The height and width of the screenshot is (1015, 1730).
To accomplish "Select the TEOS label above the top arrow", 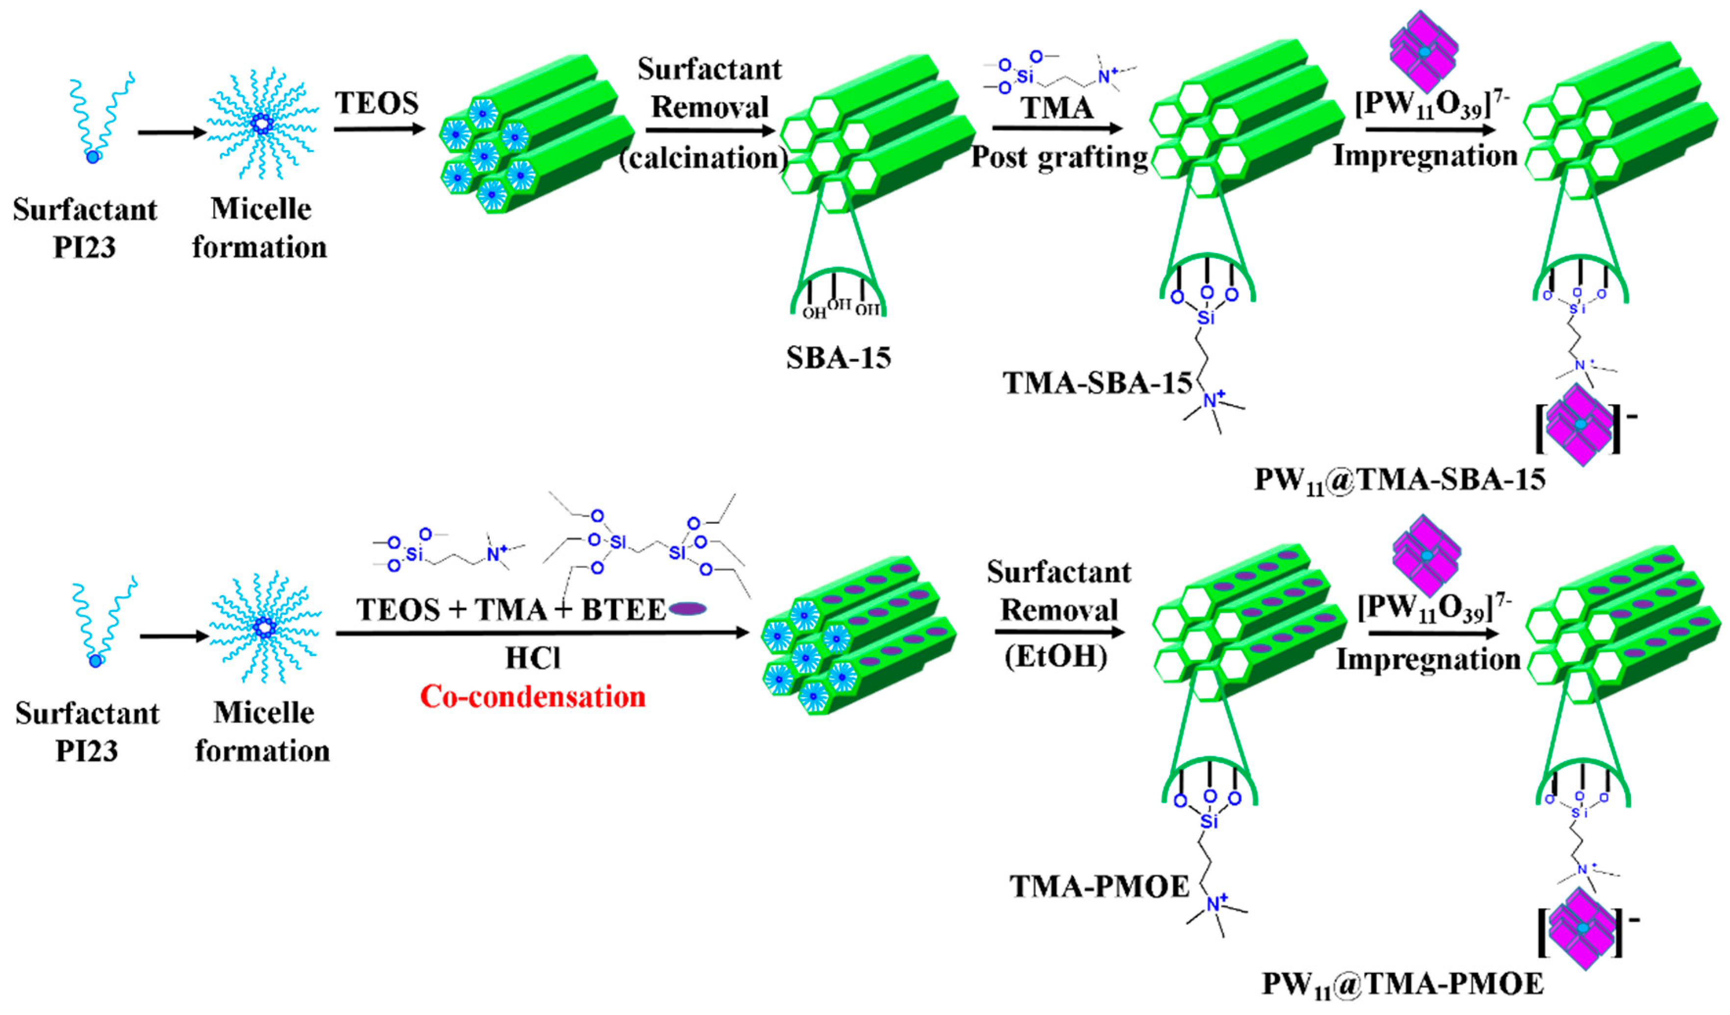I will point(377,103).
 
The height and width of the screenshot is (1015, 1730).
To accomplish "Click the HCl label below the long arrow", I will point(533,658).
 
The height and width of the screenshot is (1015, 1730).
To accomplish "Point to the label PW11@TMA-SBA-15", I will point(1401,480).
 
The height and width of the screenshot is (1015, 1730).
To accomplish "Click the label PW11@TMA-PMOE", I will point(1403,984).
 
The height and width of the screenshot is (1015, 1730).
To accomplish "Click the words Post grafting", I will point(1059,157).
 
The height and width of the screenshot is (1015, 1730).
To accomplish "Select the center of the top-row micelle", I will point(262,124).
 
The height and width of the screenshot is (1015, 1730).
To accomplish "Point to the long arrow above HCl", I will point(543,633).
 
